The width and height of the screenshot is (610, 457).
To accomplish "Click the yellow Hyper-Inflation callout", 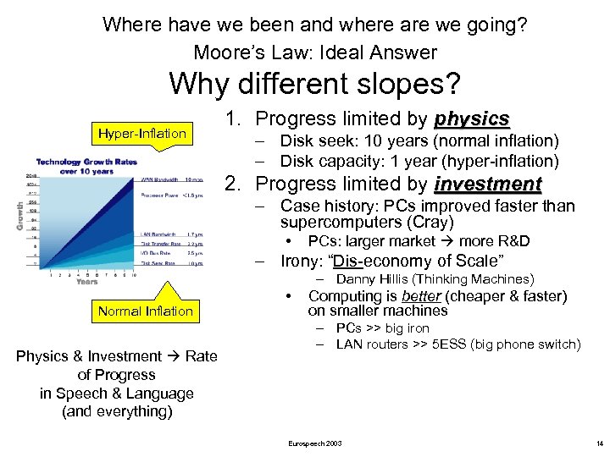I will [x=141, y=134].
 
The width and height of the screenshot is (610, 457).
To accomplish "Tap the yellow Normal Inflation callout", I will [x=145, y=311].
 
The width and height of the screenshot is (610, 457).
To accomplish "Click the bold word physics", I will [x=471, y=118].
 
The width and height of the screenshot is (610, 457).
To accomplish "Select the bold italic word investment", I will [x=487, y=184].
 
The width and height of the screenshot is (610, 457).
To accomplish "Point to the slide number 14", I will [x=598, y=443].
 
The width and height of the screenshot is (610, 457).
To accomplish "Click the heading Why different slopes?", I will [x=314, y=84].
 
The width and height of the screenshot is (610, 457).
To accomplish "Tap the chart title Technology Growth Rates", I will [x=87, y=162].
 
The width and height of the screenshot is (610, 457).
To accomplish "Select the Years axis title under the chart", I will [x=86, y=282].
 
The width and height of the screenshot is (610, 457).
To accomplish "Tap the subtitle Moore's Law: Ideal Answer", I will [x=314, y=52].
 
